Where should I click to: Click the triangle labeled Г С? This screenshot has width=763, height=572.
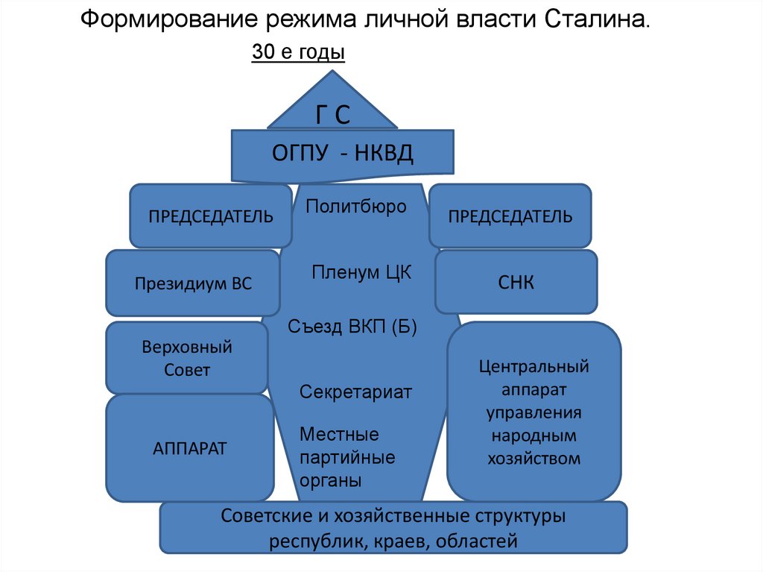tap(332, 108)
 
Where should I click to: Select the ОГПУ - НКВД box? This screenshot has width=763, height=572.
tap(343, 154)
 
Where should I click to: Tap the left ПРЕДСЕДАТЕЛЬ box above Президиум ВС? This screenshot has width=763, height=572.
tap(211, 216)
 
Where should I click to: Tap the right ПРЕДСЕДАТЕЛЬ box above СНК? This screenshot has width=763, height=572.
tap(510, 216)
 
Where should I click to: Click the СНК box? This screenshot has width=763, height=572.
tap(516, 282)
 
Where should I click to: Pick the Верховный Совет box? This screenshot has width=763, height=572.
tap(187, 358)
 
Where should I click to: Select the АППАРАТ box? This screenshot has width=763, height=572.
tap(190, 448)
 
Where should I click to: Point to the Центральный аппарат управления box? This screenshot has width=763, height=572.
tap(534, 412)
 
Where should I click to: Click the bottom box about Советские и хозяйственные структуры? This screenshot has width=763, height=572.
tap(393, 528)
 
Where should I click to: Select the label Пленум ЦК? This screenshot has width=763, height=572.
tap(361, 272)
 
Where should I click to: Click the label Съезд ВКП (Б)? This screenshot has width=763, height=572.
tap(352, 327)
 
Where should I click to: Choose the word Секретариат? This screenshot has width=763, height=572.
tap(355, 392)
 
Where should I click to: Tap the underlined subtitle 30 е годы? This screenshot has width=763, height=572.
tap(298, 53)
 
